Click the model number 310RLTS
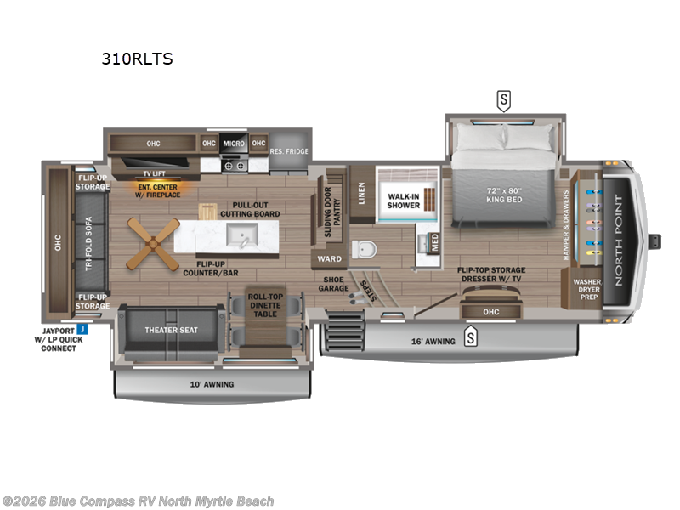pyautogui.click(x=138, y=59)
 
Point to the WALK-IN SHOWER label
pyautogui.click(x=404, y=201)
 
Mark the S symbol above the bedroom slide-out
pyautogui.click(x=504, y=101)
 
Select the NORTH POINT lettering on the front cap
pyautogui.click(x=617, y=241)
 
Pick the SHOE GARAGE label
pyautogui.click(x=334, y=283)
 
